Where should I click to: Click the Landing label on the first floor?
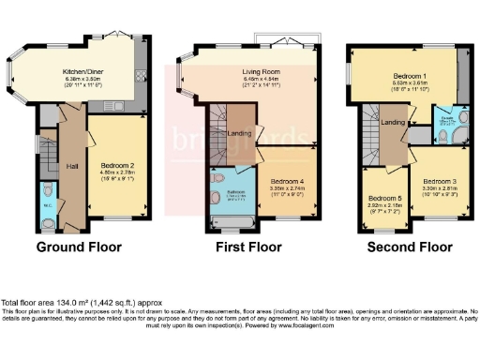(x=240, y=134)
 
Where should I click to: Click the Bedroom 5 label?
(x=384, y=199)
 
